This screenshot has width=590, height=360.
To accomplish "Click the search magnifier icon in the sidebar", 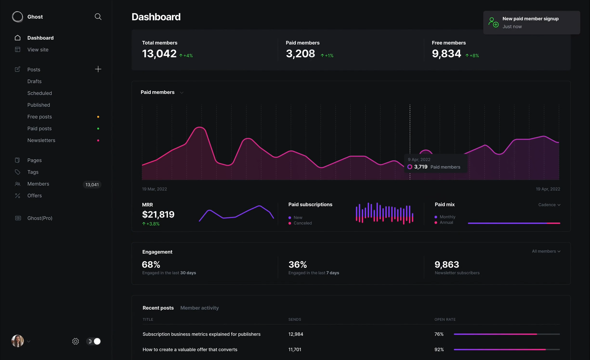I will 98,17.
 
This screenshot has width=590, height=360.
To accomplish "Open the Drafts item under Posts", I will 35,82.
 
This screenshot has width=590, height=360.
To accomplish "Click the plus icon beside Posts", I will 98,69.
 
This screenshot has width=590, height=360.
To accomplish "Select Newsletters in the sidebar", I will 41,141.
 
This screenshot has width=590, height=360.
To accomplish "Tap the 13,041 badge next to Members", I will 92,185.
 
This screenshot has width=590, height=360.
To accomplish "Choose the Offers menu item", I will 35,196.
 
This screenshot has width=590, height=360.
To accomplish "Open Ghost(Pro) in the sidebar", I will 40,218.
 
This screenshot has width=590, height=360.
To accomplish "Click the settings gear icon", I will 76,342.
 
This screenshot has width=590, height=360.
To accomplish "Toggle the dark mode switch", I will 94,342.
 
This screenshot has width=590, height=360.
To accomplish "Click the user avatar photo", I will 18,341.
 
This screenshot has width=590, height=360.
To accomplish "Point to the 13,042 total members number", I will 159,54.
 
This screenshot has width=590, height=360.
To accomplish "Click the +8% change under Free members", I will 472,56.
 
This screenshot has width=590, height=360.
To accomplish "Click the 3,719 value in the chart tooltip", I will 420,167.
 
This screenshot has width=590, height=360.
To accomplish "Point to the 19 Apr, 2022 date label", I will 548,189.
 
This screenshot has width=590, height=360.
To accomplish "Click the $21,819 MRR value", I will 158,214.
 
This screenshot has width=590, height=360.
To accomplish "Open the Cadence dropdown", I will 549,205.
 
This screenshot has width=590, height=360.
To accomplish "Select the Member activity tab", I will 200,308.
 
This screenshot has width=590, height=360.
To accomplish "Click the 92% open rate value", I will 439,350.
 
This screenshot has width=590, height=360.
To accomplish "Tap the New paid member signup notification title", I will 530,19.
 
